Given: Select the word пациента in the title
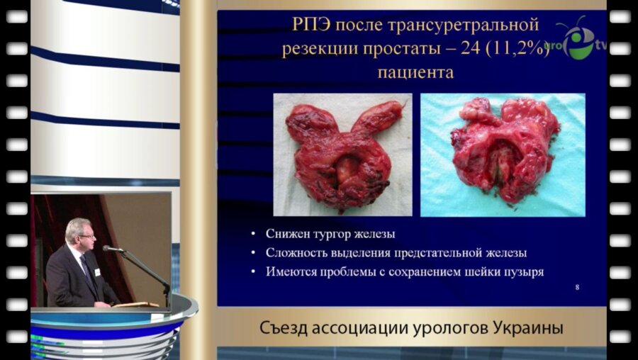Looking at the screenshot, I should [415, 72].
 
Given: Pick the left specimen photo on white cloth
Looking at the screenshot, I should [342, 154].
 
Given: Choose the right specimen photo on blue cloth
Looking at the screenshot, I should [503, 154].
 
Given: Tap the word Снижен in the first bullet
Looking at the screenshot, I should [286, 235].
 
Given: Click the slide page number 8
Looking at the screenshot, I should [578, 288].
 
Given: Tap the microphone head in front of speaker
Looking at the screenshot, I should [108, 248].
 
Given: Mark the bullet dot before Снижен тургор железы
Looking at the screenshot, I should [254, 235].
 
